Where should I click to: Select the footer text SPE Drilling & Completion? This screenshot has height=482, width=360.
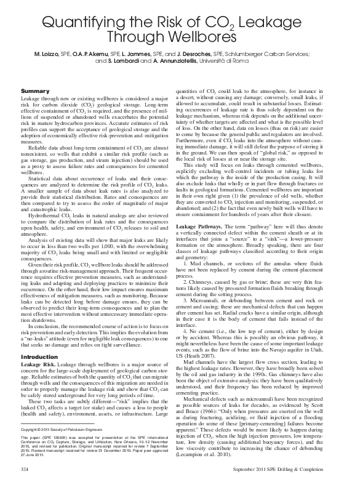(310, 469)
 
